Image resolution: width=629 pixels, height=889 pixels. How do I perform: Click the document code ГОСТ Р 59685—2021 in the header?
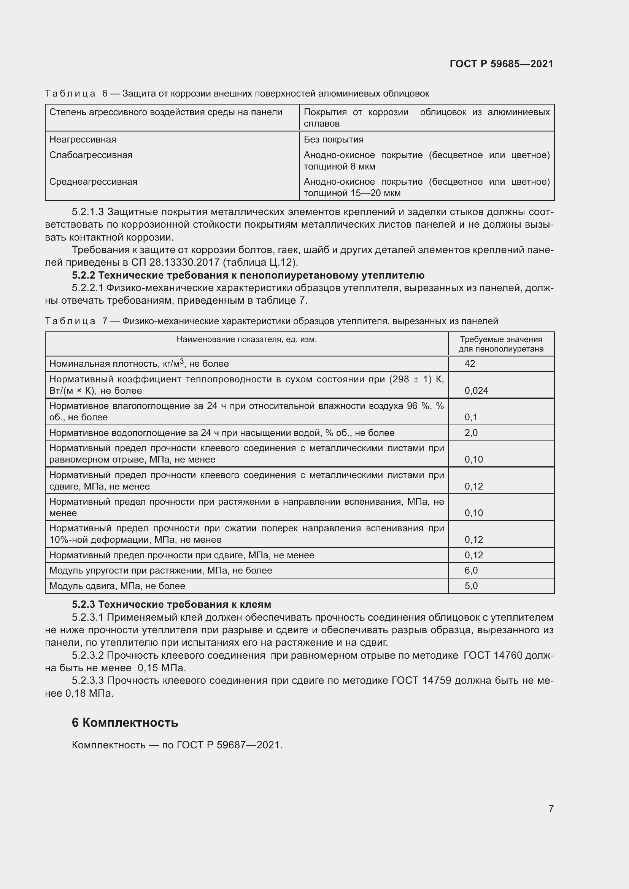tap(501, 64)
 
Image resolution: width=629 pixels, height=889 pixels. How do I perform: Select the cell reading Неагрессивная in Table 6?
tap(83, 139)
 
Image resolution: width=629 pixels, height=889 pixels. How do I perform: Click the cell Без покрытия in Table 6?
tap(333, 139)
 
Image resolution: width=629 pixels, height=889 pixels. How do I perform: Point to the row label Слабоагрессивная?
tap(91, 155)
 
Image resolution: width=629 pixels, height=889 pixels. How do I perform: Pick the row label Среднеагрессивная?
tap(93, 182)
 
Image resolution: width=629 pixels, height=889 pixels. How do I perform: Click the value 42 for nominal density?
tap(469, 364)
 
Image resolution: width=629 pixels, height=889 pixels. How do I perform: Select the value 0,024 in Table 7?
tap(476, 391)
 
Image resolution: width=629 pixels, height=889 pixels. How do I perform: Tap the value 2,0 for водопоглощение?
tap(471, 433)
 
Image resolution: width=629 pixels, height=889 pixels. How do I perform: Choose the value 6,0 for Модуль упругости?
tap(471, 570)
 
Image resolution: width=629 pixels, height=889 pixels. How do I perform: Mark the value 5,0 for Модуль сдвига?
tap(471, 586)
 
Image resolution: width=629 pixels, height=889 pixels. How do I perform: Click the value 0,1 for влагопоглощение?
tap(471, 417)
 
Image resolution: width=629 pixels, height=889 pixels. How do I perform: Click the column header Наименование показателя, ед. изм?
tap(246, 339)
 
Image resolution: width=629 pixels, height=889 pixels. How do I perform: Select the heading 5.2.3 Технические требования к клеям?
tap(171, 604)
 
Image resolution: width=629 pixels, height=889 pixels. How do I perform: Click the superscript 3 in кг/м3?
tap(182, 361)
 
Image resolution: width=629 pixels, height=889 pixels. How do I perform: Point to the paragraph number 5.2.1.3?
tap(87, 212)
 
